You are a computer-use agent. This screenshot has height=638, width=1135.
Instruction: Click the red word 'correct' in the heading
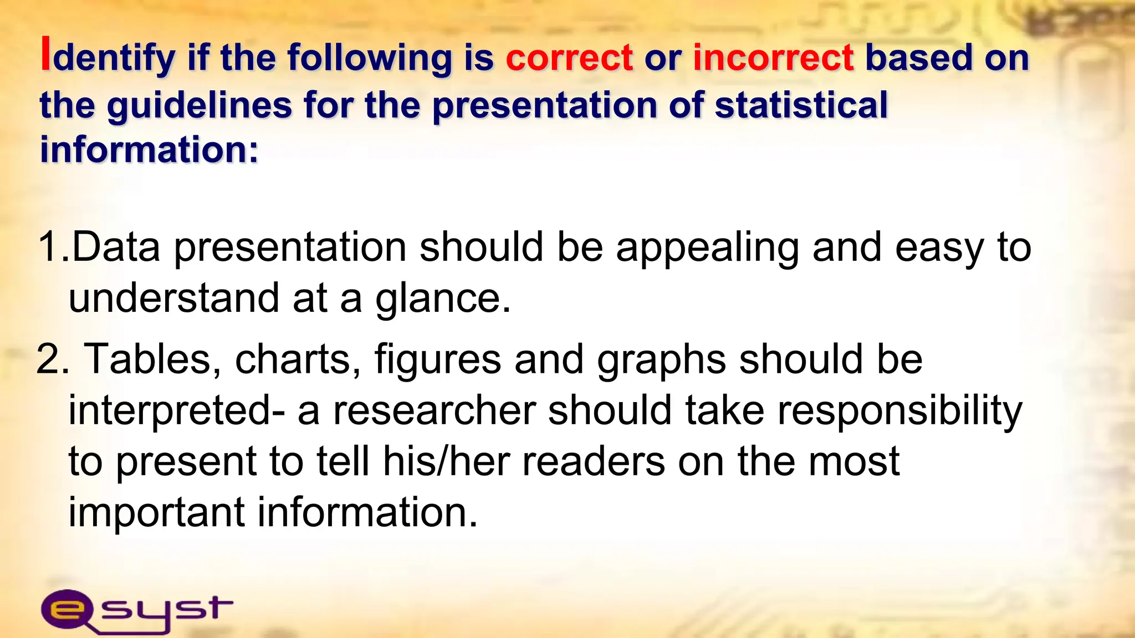569,58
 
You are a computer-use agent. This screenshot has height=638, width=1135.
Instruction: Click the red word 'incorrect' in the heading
773,58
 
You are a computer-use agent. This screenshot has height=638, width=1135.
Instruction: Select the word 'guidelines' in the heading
199,105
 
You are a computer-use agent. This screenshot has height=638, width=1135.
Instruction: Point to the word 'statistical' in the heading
801,105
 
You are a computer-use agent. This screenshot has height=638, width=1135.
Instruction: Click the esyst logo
136,610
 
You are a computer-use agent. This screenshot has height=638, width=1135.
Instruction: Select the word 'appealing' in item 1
707,248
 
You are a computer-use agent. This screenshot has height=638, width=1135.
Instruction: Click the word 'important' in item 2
156,513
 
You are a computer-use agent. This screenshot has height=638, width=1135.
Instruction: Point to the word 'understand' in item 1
173,298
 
